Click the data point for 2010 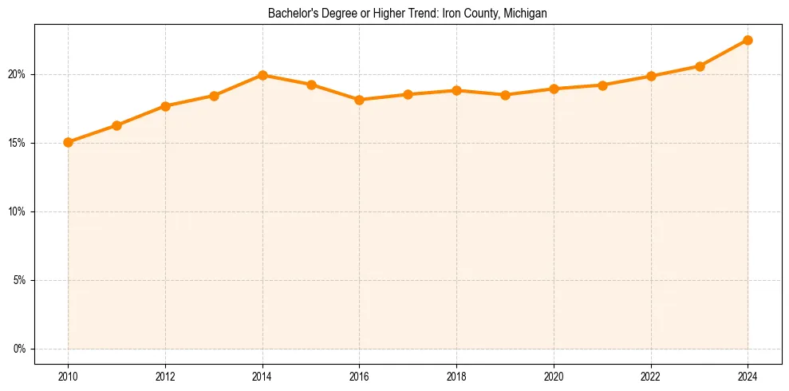coord(69,142)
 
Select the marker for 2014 coord(262,75)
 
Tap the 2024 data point coord(748,40)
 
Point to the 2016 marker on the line coord(360,100)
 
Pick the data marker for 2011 coord(116,125)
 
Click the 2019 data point coord(505,95)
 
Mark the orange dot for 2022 coord(651,76)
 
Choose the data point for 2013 coord(214,96)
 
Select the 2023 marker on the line coord(700,66)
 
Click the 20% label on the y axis coord(18,74)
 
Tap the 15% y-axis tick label coord(18,143)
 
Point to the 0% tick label coord(20,349)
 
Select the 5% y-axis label coord(20,280)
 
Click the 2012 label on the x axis coord(165,376)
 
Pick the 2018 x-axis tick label coord(456,376)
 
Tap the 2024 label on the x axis coord(748,376)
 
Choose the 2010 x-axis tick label coord(69,376)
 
